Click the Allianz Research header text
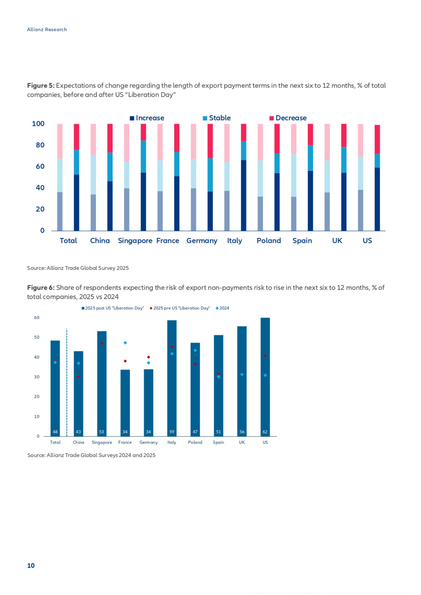coord(47,29)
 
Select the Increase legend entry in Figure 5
coord(147,118)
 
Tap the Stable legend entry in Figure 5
coord(217,118)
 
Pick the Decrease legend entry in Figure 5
coord(288,118)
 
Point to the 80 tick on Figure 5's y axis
coord(40,145)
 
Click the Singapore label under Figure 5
coord(135,240)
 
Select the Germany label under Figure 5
coord(202,240)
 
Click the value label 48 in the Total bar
coord(55,432)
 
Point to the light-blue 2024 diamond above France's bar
coord(125,343)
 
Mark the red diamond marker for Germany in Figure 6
coord(148,357)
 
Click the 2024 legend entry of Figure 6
coord(222,308)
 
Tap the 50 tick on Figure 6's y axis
coord(37,337)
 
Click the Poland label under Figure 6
coord(195,442)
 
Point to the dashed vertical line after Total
coord(67,383)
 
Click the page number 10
coord(31,566)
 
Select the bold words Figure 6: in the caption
coord(41,287)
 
